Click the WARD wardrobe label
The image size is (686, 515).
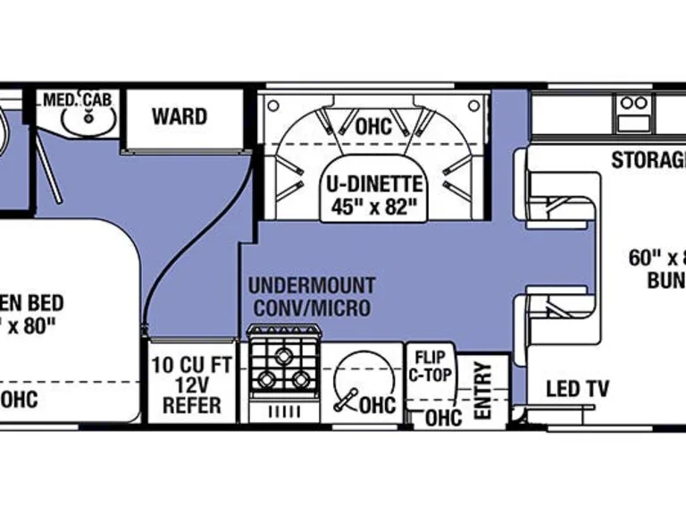click(x=179, y=116)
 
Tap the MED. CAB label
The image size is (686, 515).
click(x=78, y=98)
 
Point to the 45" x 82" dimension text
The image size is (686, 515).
click(x=372, y=207)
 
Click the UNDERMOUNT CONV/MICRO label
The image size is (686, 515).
click(x=311, y=298)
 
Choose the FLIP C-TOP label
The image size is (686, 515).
click(x=430, y=365)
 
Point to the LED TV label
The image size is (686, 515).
click(x=577, y=389)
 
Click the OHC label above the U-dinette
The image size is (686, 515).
click(x=372, y=127)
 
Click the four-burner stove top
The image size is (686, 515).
click(x=285, y=369)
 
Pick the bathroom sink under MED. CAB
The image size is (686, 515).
click(x=88, y=122)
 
